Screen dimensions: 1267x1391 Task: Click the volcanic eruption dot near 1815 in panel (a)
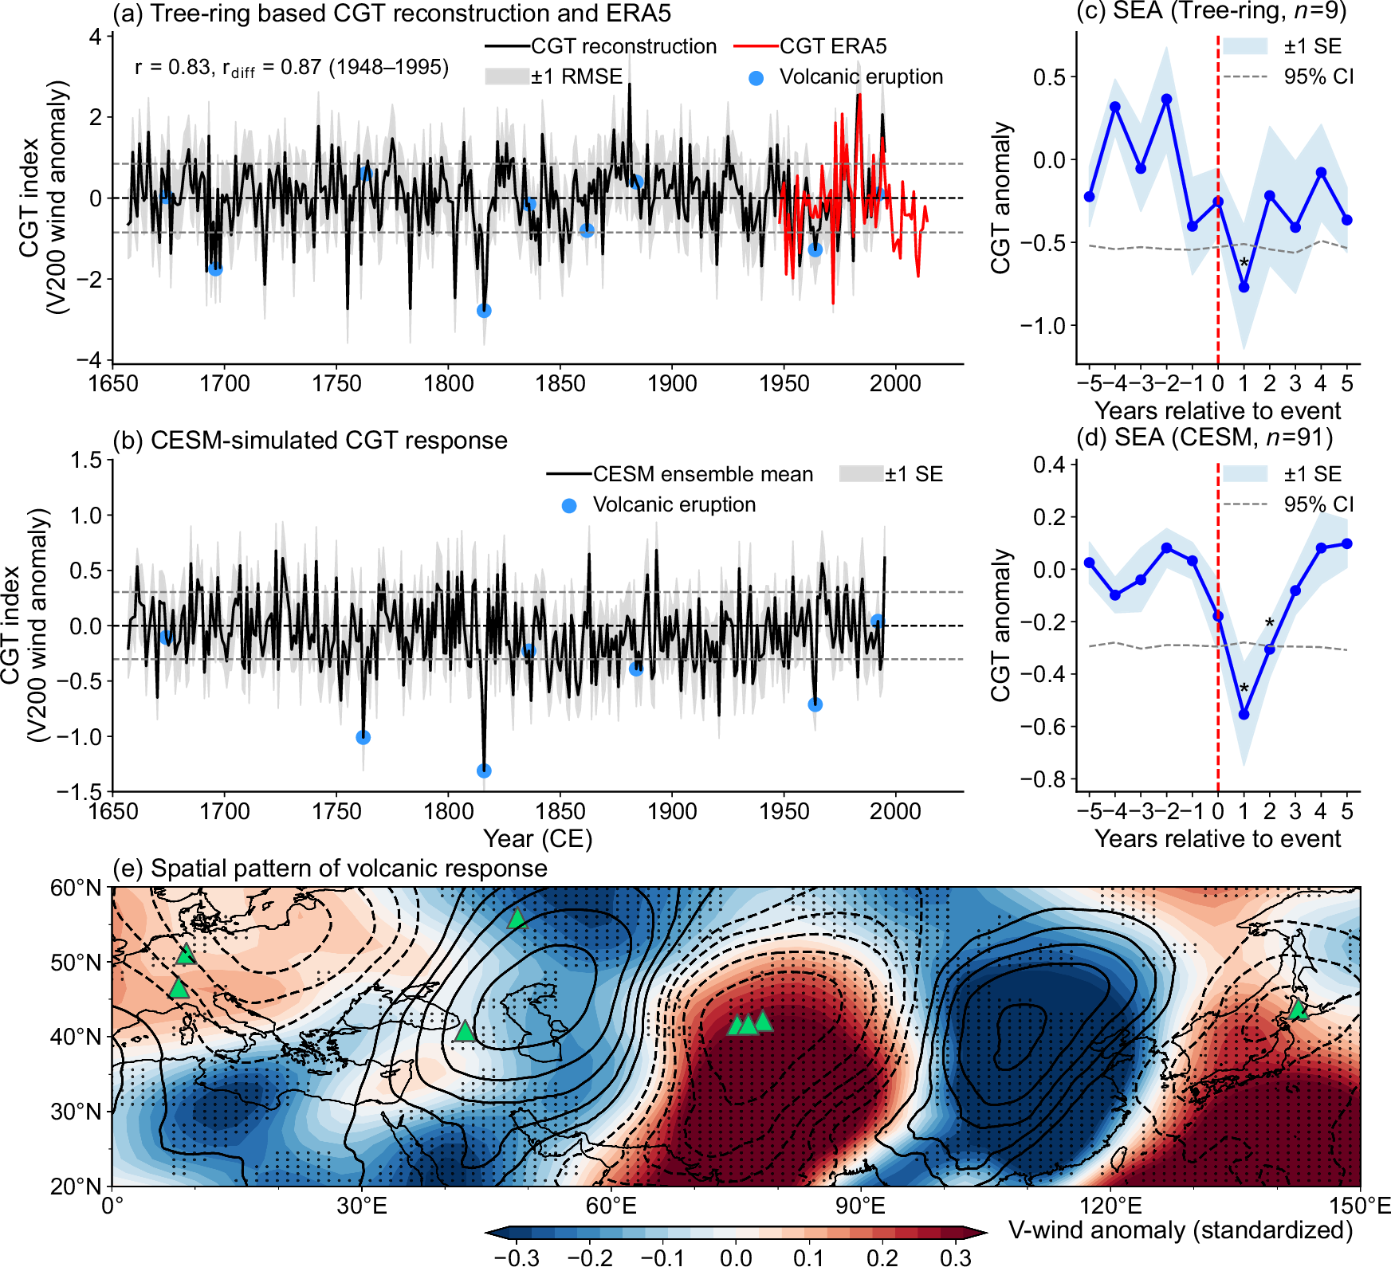click(484, 311)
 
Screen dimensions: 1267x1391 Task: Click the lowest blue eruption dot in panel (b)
click(484, 771)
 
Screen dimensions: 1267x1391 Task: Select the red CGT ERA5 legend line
click(756, 47)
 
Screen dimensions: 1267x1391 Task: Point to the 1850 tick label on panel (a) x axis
click(560, 384)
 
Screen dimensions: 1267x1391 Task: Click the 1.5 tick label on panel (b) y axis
click(86, 461)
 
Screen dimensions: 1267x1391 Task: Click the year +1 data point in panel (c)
click(1244, 287)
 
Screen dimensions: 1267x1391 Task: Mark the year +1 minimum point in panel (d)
click(1244, 715)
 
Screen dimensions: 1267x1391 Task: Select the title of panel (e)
click(330, 868)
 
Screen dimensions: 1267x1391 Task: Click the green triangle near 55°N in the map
click(517, 919)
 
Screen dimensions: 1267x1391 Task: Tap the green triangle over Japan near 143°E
click(1299, 1010)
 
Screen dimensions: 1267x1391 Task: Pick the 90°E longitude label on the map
click(861, 1206)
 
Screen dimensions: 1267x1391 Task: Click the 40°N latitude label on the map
click(77, 1037)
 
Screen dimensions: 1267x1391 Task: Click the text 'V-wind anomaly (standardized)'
click(1181, 1230)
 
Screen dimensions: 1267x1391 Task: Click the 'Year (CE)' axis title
click(538, 839)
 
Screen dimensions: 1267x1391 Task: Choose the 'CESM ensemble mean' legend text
click(702, 474)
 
